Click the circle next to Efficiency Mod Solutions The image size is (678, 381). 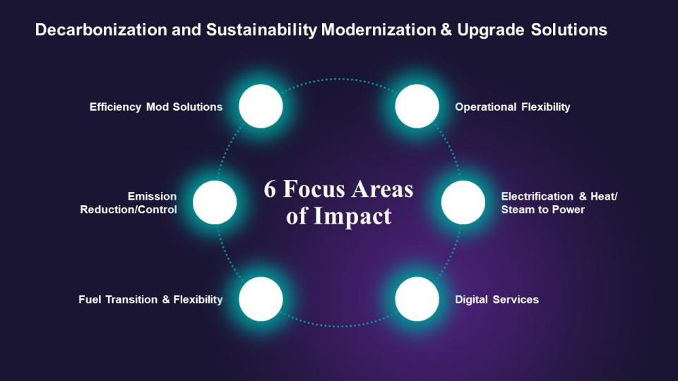pyautogui.click(x=261, y=107)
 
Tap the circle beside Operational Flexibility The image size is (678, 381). pyautogui.click(x=417, y=107)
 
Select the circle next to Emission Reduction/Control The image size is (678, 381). pyautogui.click(x=215, y=202)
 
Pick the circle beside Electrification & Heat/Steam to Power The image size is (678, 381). pyautogui.click(x=463, y=202)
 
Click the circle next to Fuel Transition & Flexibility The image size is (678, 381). pyautogui.click(x=261, y=299)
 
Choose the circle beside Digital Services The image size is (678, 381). pyautogui.click(x=417, y=299)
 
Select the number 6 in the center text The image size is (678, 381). pyautogui.click(x=270, y=190)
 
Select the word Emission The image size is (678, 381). pyautogui.click(x=152, y=196)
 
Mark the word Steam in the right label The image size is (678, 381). pyautogui.click(x=519, y=210)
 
